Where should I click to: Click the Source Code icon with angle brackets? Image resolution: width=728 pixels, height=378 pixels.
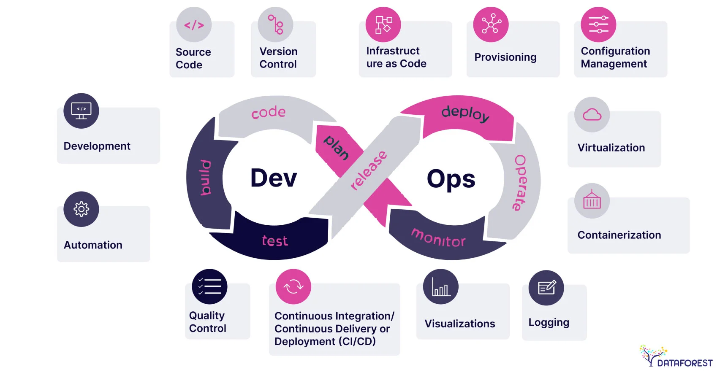click(194, 25)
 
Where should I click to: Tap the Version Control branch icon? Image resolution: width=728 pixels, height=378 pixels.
click(275, 24)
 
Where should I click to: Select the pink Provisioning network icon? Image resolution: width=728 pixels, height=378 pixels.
click(491, 24)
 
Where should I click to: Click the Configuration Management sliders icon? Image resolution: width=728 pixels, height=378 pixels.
click(598, 24)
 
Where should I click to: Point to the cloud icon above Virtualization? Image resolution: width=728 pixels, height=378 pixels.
click(592, 115)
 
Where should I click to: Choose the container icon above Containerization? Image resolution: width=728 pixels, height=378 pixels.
click(592, 201)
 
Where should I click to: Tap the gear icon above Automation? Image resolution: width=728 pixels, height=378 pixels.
click(81, 209)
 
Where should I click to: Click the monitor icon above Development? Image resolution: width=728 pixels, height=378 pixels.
click(81, 111)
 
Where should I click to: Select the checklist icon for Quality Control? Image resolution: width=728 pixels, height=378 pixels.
click(209, 286)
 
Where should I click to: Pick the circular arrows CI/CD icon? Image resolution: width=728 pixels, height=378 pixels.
click(293, 287)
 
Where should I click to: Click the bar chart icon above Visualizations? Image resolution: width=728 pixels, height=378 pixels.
click(441, 287)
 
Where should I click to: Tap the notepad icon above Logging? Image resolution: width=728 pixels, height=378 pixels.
click(546, 288)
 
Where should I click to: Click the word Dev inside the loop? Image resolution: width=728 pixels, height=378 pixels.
click(274, 178)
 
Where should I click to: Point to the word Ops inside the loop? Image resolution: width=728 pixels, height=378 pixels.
click(451, 179)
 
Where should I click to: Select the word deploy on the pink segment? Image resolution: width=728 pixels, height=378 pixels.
click(465, 113)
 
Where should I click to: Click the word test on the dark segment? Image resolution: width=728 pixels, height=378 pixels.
click(275, 241)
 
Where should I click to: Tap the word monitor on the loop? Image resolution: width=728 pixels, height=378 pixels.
click(438, 238)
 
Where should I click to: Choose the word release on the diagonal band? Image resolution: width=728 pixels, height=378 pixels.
click(369, 170)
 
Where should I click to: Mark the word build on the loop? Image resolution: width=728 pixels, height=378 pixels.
click(206, 177)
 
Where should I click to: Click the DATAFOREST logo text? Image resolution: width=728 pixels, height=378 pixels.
click(685, 363)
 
